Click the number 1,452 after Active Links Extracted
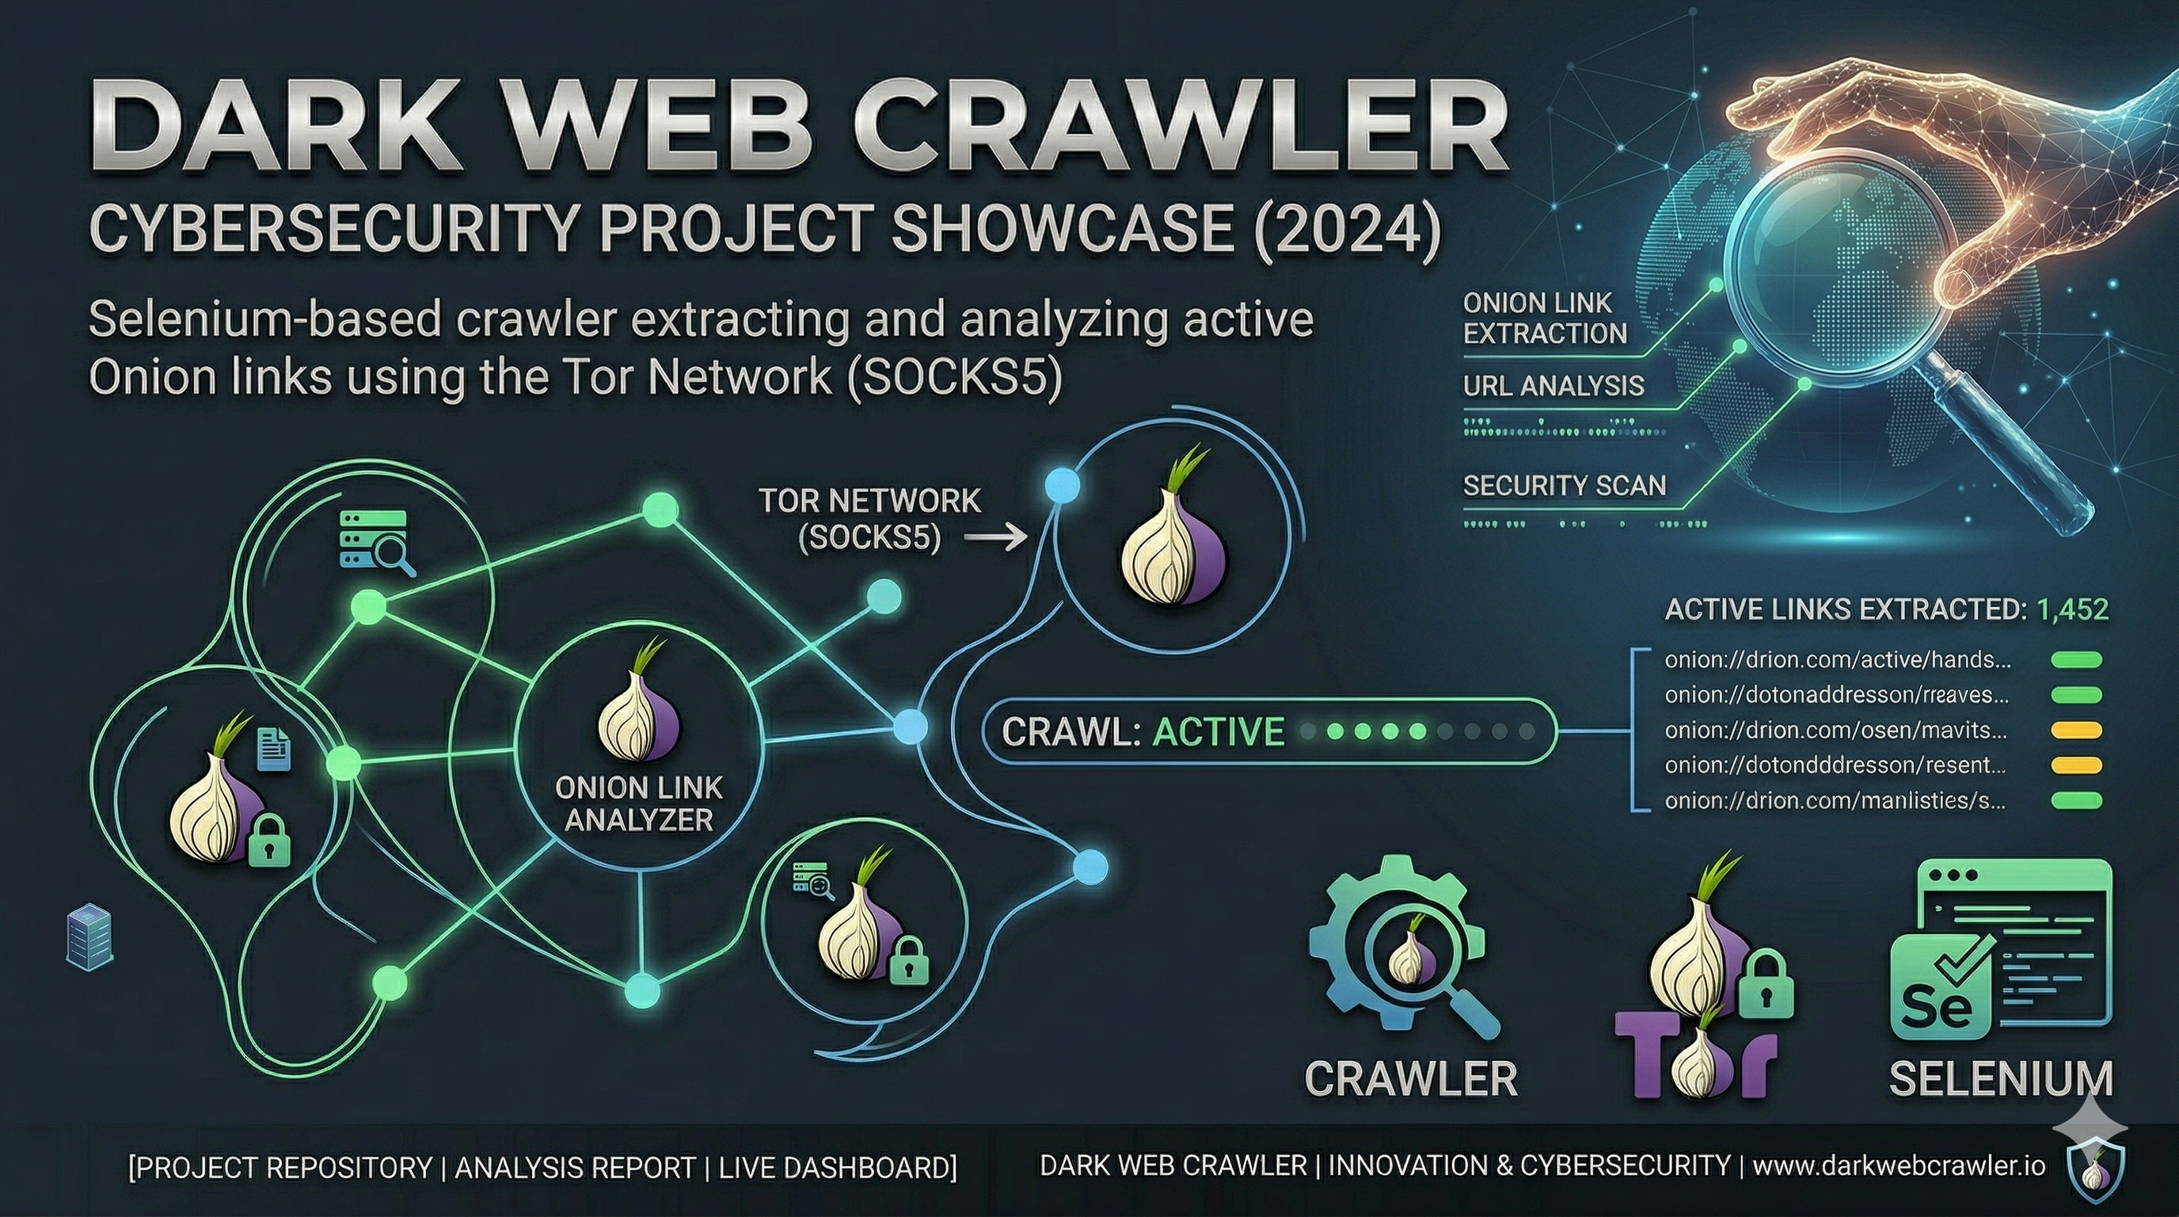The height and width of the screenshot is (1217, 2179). [2072, 609]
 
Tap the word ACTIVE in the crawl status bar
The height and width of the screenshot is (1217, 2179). [1218, 732]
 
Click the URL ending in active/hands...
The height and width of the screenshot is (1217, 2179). [1836, 660]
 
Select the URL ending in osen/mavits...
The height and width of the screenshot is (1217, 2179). [1835, 730]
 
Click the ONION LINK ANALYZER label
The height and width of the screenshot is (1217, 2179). [639, 804]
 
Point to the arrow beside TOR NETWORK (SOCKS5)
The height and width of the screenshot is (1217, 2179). [996, 536]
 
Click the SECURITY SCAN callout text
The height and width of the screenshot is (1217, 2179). [1564, 486]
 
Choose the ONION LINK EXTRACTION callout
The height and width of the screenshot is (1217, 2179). [1545, 319]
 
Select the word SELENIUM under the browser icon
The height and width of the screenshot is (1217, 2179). [2001, 1079]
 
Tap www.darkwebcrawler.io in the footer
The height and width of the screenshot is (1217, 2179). [1899, 1166]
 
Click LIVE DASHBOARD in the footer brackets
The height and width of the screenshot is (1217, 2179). [838, 1168]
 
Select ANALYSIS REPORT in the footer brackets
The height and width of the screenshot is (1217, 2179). [575, 1168]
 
